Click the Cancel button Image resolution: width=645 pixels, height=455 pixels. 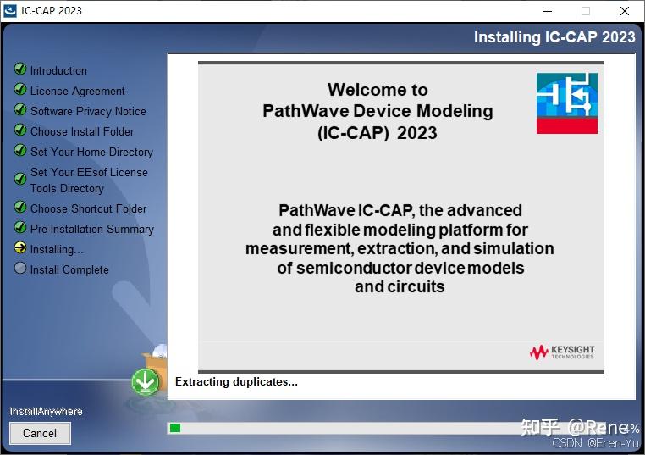40,433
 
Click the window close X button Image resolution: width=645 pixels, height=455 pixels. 624,11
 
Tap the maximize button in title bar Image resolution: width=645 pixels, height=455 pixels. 585,11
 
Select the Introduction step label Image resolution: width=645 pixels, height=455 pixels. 58,70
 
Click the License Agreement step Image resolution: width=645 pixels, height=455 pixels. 77,91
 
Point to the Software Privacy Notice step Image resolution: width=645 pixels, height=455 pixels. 88,111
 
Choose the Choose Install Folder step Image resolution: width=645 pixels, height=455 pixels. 82,131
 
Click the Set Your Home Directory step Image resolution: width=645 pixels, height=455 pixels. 91,152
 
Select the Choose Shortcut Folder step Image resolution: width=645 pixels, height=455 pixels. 88,208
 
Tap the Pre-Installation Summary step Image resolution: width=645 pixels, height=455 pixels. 91,229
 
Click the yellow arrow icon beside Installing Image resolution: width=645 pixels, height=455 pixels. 20,248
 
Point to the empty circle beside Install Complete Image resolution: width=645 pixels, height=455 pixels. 20,269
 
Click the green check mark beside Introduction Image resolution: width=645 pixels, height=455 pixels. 20,69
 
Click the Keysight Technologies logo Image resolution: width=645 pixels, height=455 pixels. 562,352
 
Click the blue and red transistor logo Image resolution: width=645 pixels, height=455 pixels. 566,103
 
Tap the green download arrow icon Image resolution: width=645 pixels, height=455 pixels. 146,382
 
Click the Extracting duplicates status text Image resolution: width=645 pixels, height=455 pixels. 236,382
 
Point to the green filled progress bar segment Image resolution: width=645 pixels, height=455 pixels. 175,428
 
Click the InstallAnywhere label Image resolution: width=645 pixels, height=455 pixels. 46,411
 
